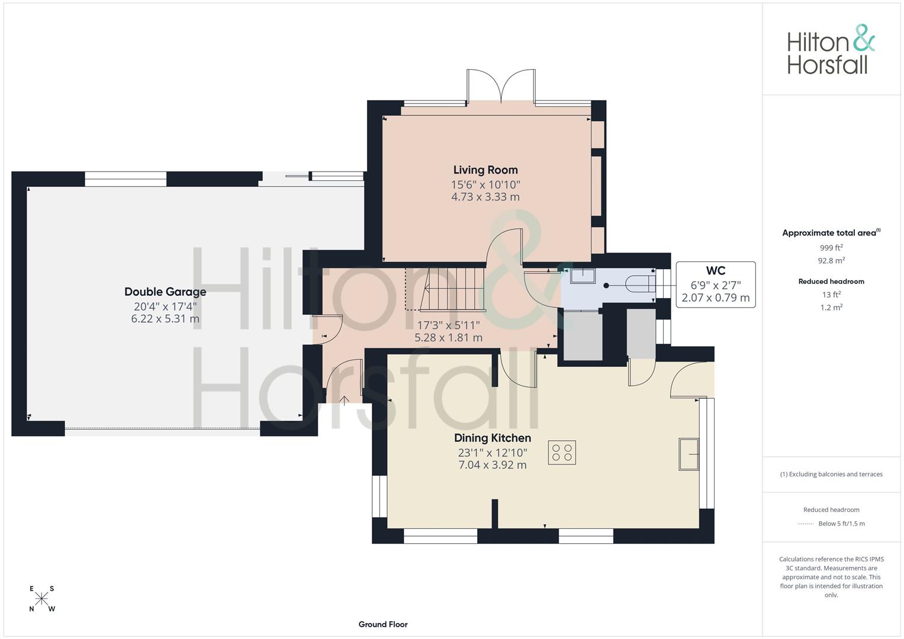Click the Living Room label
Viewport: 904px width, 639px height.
(485, 170)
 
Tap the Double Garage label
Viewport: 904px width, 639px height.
(165, 292)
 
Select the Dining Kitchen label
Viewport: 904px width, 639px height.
(492, 438)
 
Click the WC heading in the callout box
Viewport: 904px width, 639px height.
(715, 271)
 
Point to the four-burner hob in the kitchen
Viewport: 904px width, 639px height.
(562, 453)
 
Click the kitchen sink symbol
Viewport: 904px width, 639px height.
(689, 454)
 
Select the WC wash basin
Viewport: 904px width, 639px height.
(583, 276)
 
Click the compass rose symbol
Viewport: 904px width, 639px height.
(42, 599)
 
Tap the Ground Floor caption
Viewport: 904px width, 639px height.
(383, 624)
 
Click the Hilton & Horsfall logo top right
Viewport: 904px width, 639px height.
(831, 50)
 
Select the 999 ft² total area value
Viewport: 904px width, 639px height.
(831, 248)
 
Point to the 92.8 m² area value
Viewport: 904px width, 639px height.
(831, 260)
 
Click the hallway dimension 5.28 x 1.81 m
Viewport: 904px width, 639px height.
(448, 338)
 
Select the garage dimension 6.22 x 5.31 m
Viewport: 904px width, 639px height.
(165, 319)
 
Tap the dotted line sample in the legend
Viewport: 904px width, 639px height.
(806, 524)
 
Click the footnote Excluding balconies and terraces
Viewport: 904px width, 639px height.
(831, 474)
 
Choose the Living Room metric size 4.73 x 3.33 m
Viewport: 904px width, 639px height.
(485, 197)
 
